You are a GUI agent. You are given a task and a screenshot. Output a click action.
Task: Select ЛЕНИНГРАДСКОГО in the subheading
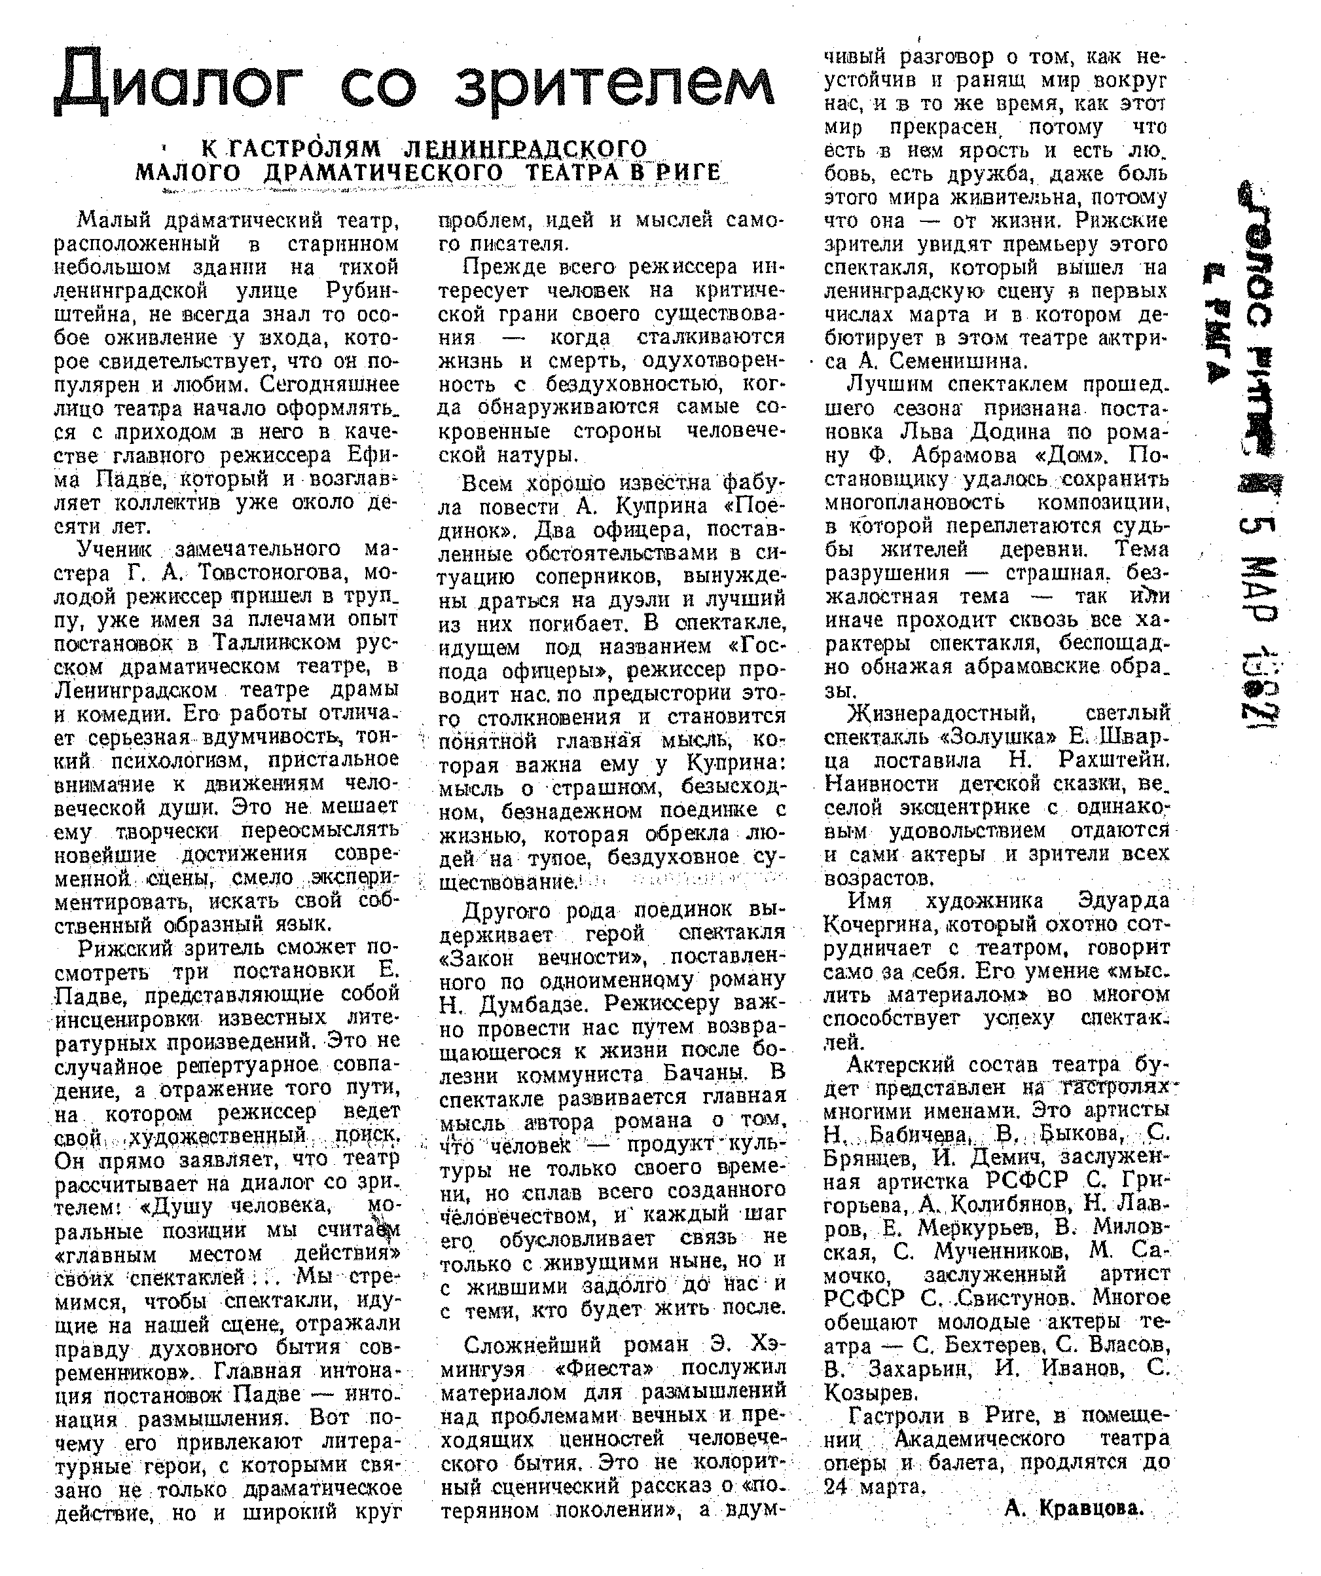coord(525,149)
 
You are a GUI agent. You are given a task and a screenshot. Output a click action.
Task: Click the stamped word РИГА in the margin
coord(1224,319)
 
